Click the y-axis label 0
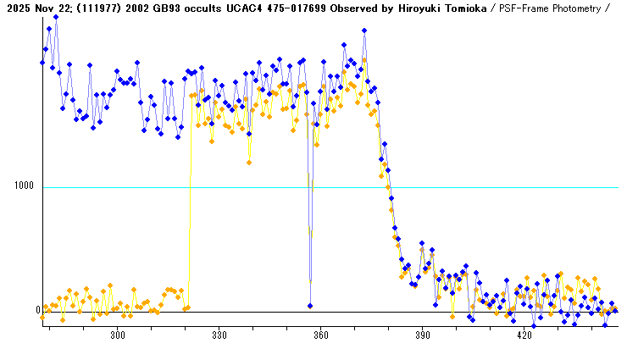point(38,311)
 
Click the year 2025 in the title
point(16,8)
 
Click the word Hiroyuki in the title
point(412,8)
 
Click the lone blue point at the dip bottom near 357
point(310,306)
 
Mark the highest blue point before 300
point(56,16)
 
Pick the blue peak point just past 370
point(364,30)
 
